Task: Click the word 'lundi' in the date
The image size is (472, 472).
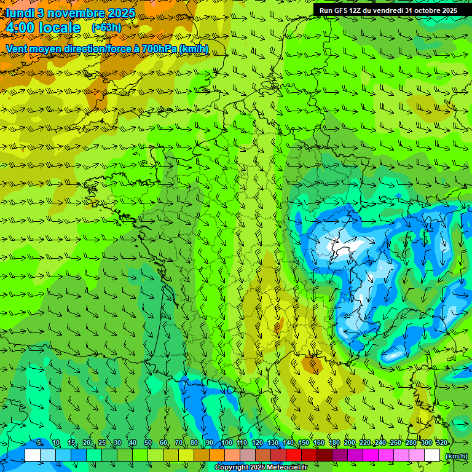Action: tap(19, 13)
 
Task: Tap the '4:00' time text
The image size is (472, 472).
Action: tap(20, 28)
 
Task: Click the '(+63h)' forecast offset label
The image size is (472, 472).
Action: tap(106, 28)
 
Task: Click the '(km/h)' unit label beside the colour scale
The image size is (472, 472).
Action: tap(455, 456)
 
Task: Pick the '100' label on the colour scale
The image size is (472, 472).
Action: tap(227, 443)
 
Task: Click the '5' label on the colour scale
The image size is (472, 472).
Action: tap(39, 443)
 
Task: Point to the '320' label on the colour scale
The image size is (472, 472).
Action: tap(441, 443)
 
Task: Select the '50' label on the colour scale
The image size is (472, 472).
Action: tap(148, 443)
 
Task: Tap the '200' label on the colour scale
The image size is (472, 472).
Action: tap(350, 443)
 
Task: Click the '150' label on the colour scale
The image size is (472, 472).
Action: tap(304, 443)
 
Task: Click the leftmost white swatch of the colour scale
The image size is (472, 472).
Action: tap(33, 455)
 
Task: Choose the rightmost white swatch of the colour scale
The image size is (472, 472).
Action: tap(432, 455)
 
